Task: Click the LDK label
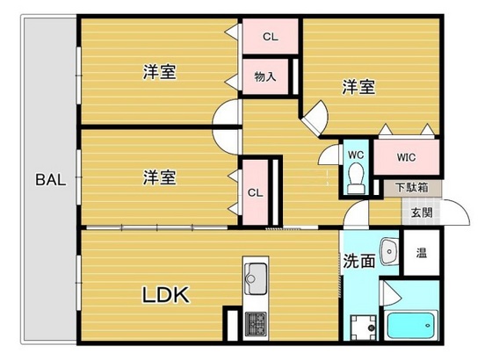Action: [166, 295]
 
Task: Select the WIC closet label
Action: [405, 158]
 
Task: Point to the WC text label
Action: [356, 155]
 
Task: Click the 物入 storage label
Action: [264, 76]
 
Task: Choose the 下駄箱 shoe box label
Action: [410, 187]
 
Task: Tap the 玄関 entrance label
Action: [419, 212]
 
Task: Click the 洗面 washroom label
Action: [360, 261]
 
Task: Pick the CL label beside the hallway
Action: [255, 192]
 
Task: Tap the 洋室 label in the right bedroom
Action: [358, 86]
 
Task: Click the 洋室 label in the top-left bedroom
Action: [159, 73]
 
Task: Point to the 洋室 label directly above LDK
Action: [159, 177]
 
